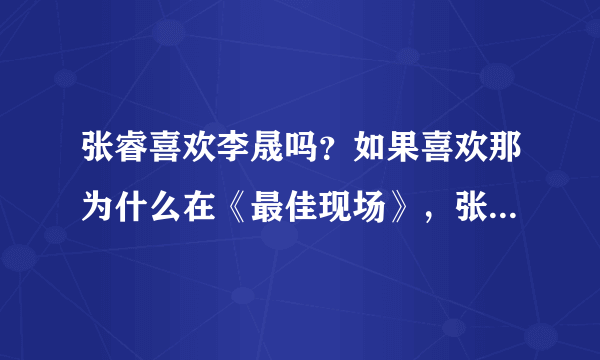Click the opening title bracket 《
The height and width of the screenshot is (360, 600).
tap(235, 203)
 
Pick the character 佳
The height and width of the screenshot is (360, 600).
tap(301, 203)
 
